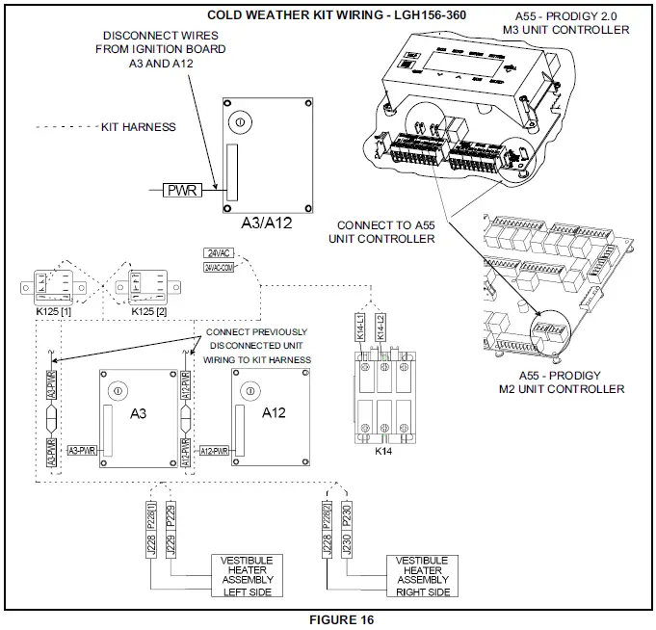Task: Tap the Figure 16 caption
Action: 328,619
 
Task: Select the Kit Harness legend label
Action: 139,126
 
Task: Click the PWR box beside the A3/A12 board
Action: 182,190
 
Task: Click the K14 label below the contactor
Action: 383,449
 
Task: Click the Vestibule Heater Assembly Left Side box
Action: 243,575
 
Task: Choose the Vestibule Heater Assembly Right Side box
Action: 418,575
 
